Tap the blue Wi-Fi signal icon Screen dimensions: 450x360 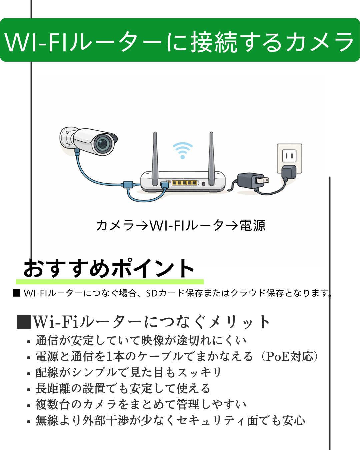click(x=182, y=150)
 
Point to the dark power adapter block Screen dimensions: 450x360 click(x=248, y=182)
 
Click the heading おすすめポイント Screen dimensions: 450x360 click(x=109, y=268)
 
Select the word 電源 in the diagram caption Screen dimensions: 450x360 click(x=252, y=226)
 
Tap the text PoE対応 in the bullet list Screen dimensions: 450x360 click(x=289, y=356)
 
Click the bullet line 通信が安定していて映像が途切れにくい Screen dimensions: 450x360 click(x=141, y=340)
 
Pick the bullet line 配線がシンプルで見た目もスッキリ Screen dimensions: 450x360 click(x=129, y=372)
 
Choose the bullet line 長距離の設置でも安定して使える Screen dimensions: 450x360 click(x=123, y=388)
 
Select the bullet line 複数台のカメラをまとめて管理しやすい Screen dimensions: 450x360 click(x=141, y=404)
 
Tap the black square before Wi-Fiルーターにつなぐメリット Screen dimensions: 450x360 click(x=24, y=322)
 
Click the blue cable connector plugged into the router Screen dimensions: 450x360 click(x=164, y=185)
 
